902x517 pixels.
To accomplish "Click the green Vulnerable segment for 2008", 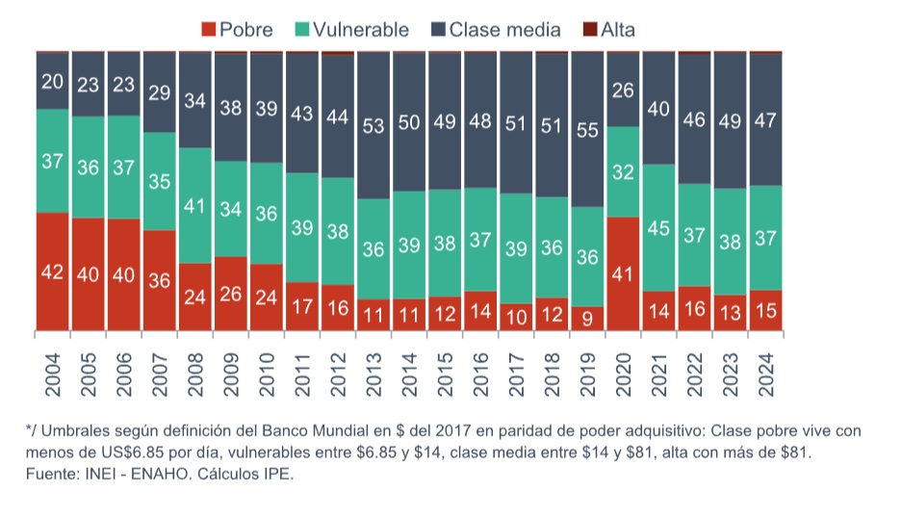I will (195, 205).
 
